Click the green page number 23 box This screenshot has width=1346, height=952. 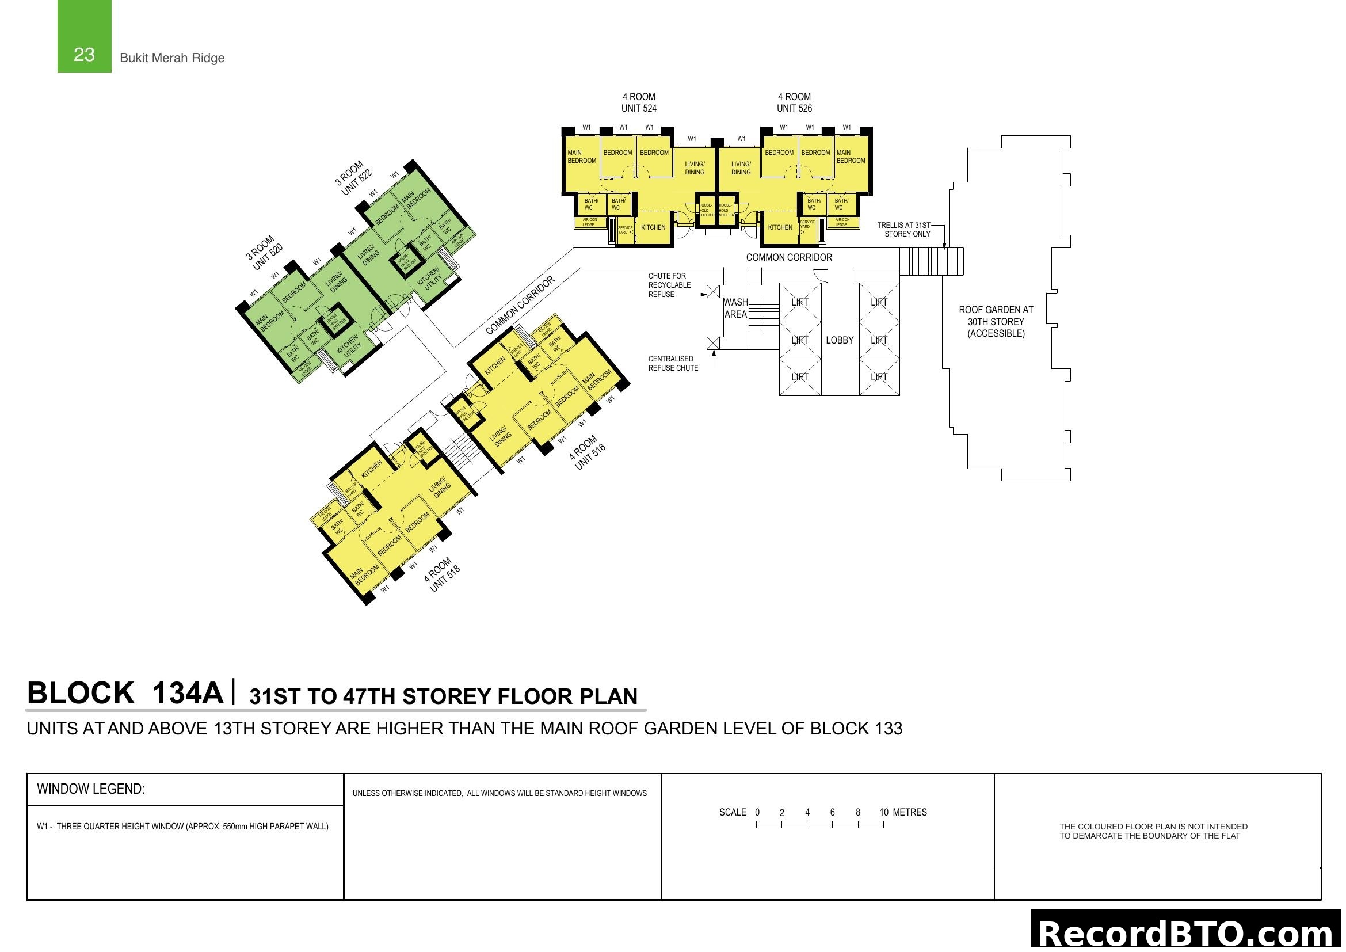pos(84,37)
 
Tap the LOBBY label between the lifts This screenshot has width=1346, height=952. pos(840,340)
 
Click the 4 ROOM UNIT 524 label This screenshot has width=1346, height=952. pos(638,102)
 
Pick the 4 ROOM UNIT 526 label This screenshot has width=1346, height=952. pos(794,102)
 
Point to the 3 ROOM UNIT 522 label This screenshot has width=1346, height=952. pos(353,179)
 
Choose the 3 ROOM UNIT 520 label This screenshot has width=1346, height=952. pos(264,253)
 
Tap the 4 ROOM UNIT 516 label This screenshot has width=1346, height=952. pos(588,452)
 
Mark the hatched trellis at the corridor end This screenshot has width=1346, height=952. pos(932,261)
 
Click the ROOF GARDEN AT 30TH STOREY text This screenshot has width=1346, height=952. pos(996,321)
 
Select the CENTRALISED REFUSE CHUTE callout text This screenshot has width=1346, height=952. pos(672,363)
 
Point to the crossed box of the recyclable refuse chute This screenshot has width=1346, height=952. pos(713,291)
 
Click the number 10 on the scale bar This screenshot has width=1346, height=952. pos(883,812)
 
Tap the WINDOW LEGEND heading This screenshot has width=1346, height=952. pos(91,789)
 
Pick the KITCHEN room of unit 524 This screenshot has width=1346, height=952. pos(653,227)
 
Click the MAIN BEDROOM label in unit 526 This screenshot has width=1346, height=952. pos(850,157)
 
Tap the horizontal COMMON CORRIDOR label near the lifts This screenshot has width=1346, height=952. pos(788,257)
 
